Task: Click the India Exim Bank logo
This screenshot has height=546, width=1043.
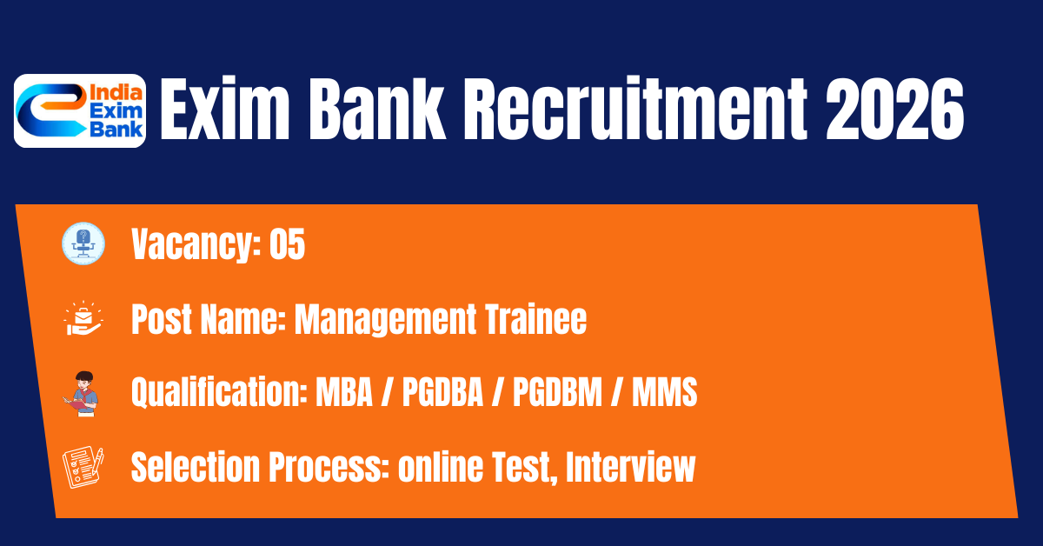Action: [x=80, y=111]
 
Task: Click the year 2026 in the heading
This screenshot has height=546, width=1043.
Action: [x=894, y=110]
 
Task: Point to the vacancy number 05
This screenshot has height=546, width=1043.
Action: [x=288, y=244]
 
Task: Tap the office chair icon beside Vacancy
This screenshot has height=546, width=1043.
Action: [x=83, y=243]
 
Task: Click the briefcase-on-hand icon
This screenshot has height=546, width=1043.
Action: [x=83, y=318]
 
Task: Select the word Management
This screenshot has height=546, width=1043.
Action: [x=386, y=321]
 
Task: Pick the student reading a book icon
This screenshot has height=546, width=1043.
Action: [x=81, y=394]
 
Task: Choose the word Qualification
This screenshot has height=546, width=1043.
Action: [x=219, y=392]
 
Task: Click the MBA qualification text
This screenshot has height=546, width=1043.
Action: [x=344, y=392]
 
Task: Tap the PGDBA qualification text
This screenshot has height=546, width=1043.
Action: [x=442, y=392]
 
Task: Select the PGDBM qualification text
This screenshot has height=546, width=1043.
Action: [x=557, y=392]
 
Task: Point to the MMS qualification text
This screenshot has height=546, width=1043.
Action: [x=664, y=392]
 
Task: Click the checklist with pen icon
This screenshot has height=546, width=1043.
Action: [x=83, y=467]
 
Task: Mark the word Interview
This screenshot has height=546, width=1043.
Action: [x=630, y=467]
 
